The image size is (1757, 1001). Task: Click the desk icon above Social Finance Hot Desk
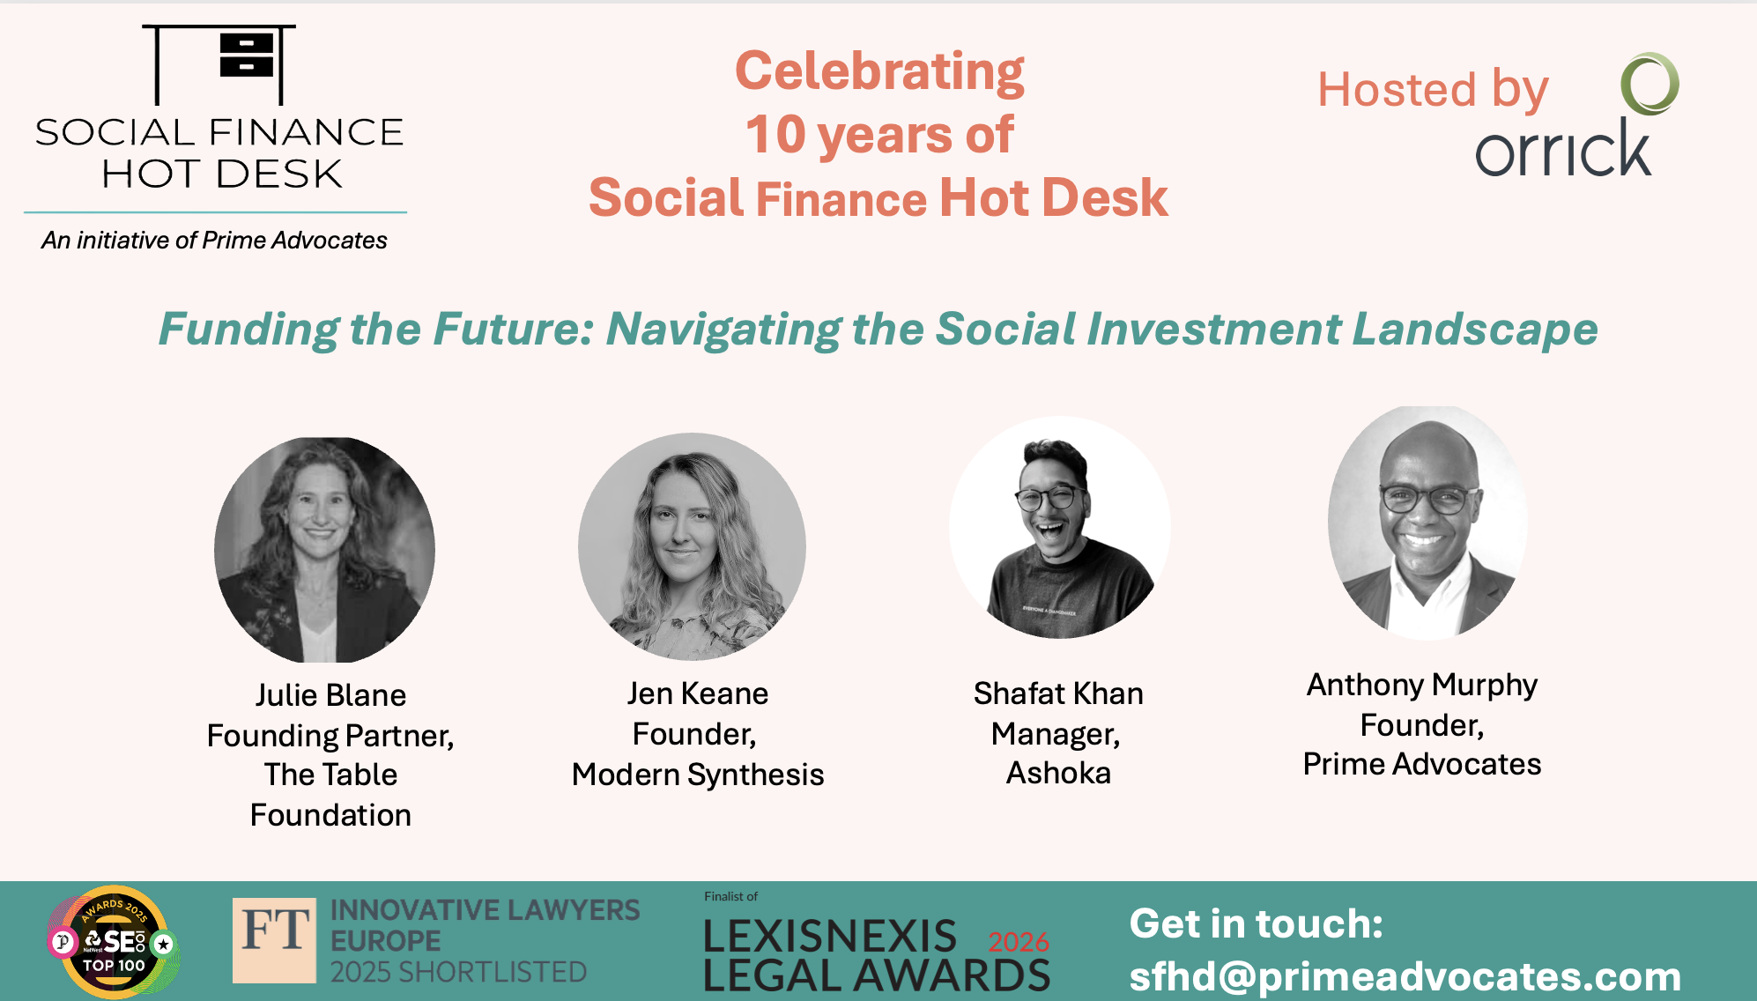click(x=219, y=64)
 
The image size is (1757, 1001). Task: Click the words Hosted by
click(x=1433, y=90)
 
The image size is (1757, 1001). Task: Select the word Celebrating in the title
click(x=879, y=72)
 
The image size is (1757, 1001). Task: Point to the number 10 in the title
click(x=775, y=135)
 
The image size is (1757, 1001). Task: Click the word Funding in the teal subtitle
click(x=248, y=330)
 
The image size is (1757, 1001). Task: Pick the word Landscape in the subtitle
click(x=1475, y=330)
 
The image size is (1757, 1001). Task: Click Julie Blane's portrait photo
click(x=325, y=549)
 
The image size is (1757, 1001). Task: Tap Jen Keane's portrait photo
click(x=692, y=546)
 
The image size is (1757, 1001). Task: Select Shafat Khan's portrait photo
click(x=1060, y=527)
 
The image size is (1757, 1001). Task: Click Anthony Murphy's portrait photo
click(x=1428, y=522)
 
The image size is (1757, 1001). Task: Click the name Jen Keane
click(x=697, y=693)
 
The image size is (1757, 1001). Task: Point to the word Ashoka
click(x=1058, y=773)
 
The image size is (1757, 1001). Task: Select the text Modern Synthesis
click(x=697, y=775)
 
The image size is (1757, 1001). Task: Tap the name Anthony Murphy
click(x=1422, y=686)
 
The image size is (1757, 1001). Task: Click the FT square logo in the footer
click(x=274, y=940)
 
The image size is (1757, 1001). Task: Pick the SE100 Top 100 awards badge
click(x=114, y=942)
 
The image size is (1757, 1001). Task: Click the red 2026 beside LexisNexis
click(x=1019, y=942)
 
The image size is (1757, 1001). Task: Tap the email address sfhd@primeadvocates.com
click(x=1405, y=976)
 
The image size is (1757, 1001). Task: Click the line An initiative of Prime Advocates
click(x=214, y=241)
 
